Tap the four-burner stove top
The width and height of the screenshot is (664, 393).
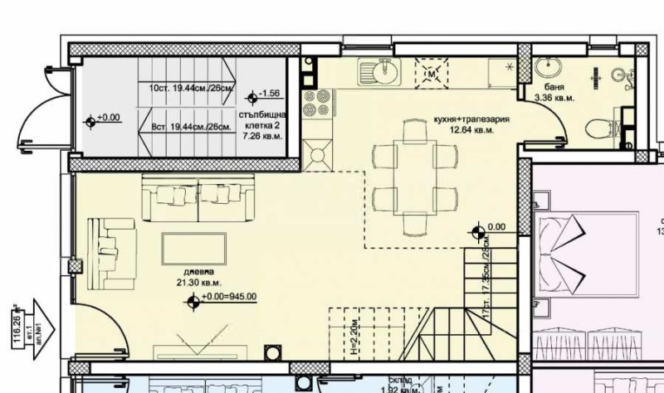coord(315,104)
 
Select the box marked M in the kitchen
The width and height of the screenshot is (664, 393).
coord(431,72)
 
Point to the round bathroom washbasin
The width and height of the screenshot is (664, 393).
coord(547,67)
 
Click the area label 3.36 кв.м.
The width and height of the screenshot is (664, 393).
coord(554,98)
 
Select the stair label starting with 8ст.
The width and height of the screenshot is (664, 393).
coord(191,127)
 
